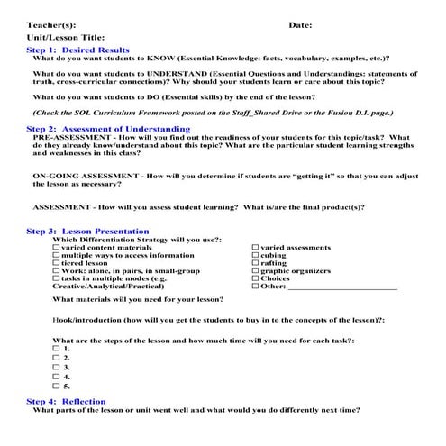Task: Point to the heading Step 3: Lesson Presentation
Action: point(87,232)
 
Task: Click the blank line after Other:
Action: point(342,288)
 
